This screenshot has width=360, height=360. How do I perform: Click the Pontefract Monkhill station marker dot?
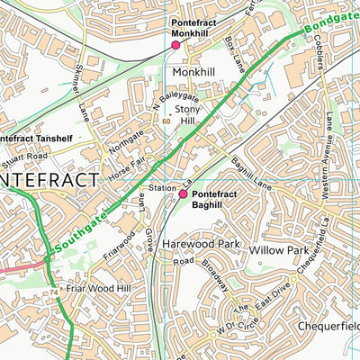(x=176, y=44)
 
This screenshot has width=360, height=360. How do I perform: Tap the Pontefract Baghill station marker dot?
(x=183, y=193)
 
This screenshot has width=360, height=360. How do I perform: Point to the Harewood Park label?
(x=200, y=244)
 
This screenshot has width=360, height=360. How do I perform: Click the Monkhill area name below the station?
(x=193, y=71)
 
